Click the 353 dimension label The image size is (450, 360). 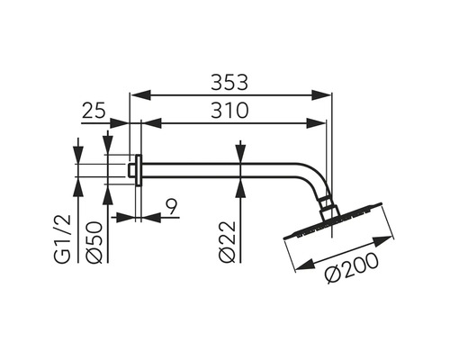(x=229, y=83)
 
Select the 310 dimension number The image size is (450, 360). (x=229, y=110)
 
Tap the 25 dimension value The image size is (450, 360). (x=94, y=111)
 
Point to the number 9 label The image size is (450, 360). (x=172, y=207)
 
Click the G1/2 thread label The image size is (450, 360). (x=63, y=239)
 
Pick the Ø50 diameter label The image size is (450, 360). (x=94, y=242)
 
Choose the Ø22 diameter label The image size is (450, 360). (x=227, y=242)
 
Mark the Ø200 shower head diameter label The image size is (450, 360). (x=352, y=267)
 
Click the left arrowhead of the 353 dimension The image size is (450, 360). (x=140, y=94)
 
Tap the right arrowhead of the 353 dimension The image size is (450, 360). (x=321, y=94)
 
